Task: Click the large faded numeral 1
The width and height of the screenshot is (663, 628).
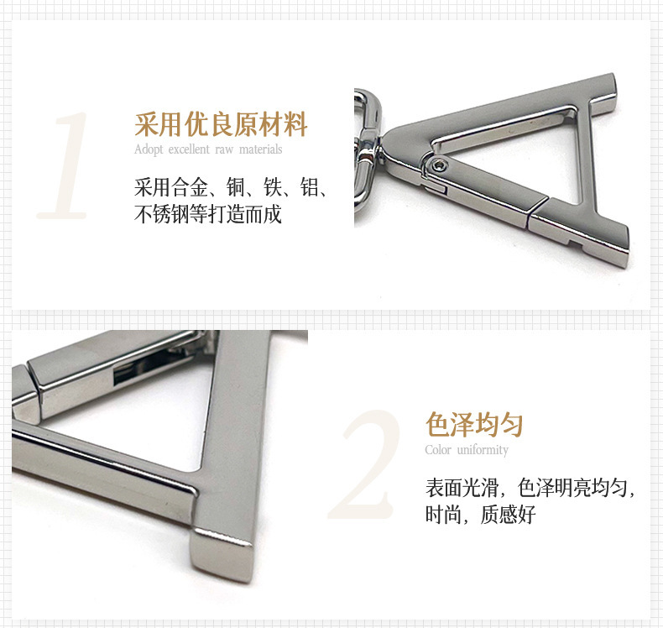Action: tap(64, 165)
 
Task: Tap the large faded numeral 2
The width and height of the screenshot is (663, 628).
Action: tap(364, 464)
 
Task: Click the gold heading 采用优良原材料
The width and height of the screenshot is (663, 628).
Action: tap(221, 124)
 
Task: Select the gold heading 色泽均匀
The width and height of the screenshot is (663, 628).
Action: tap(474, 424)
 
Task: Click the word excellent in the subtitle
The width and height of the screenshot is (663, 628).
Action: tap(189, 149)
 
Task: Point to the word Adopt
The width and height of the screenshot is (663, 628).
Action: tap(149, 149)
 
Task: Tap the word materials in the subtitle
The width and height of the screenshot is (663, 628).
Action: tap(260, 149)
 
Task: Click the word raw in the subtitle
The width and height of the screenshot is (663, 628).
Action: tap(224, 150)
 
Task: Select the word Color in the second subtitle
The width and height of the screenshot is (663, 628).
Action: tap(438, 449)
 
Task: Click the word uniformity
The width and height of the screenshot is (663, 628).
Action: tap(483, 450)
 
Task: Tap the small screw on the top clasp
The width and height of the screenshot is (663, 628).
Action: tap(440, 165)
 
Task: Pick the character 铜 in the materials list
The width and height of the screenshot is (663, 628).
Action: tap(236, 187)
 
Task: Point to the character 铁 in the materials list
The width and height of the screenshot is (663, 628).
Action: tap(273, 187)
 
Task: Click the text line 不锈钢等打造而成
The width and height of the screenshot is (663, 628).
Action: tap(208, 214)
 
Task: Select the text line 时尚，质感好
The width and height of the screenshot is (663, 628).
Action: tap(480, 515)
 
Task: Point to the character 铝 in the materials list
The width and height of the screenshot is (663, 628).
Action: tap(311, 187)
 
